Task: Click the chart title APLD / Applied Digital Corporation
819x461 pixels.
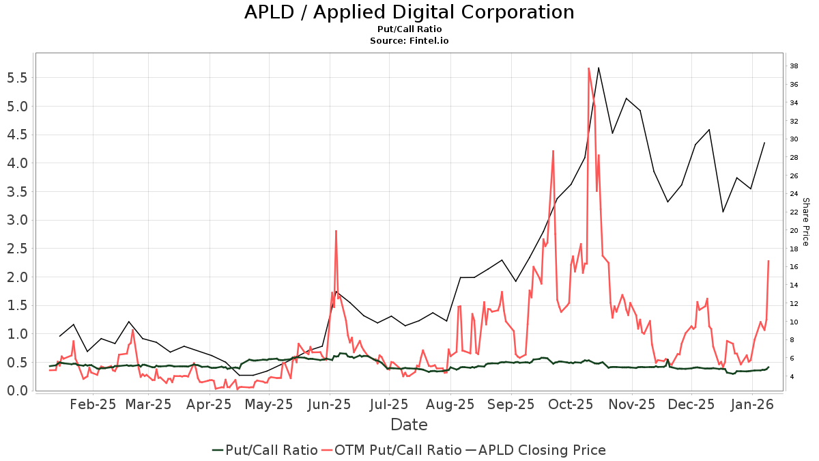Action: coord(409,12)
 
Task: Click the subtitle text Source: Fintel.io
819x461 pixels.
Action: coord(409,40)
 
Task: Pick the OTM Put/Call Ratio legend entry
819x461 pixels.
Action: coord(392,450)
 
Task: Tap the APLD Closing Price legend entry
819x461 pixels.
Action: coord(535,450)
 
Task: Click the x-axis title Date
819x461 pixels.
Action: coord(409,425)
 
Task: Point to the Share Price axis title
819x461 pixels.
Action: coord(805,222)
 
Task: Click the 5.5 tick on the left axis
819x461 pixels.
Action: coord(16,78)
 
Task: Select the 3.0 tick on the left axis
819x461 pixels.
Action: coord(16,220)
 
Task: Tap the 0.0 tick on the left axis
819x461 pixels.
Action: coord(16,391)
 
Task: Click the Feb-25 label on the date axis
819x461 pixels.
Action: coord(94,404)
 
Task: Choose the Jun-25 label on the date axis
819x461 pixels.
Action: coord(330,404)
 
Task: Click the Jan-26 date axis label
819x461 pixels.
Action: coord(752,404)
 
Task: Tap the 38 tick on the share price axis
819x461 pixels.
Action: coord(794,66)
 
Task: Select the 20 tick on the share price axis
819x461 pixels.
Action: coord(794,231)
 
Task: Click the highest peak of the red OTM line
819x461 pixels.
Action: coord(588,68)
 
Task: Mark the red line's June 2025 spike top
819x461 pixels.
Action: coord(336,231)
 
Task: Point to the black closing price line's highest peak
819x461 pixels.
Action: coord(599,67)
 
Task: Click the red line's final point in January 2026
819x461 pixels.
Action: coord(768,261)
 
